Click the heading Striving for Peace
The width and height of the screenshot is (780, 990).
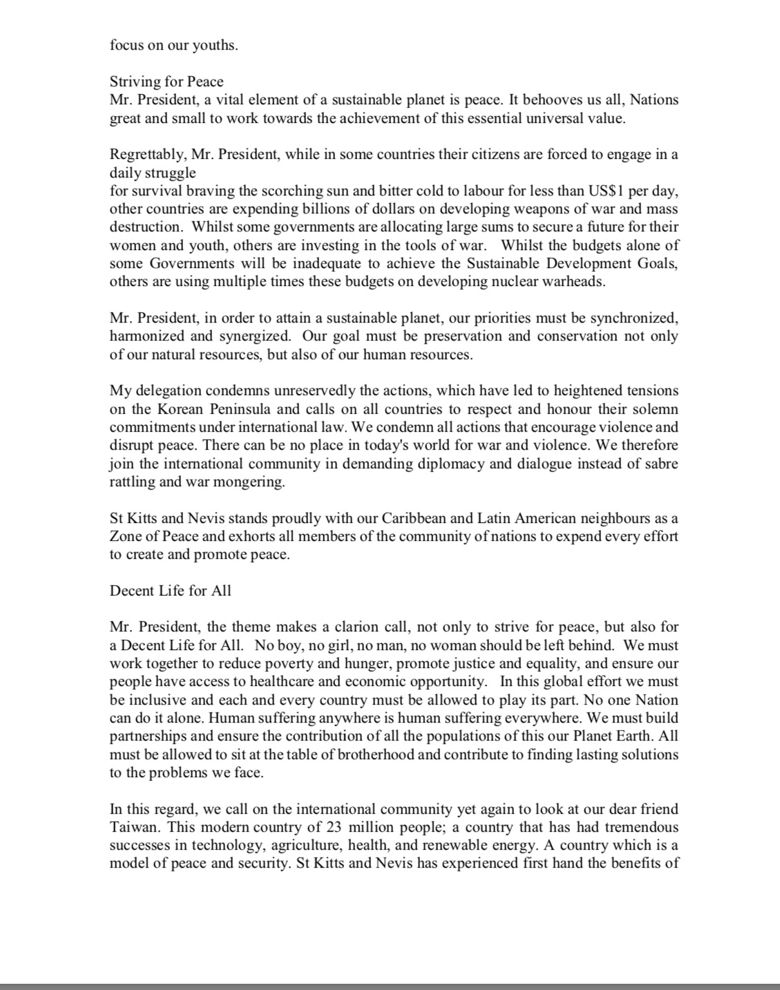[167, 82]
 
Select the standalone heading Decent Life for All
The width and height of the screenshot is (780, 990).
[171, 591]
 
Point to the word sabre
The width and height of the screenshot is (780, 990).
[661, 464]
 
